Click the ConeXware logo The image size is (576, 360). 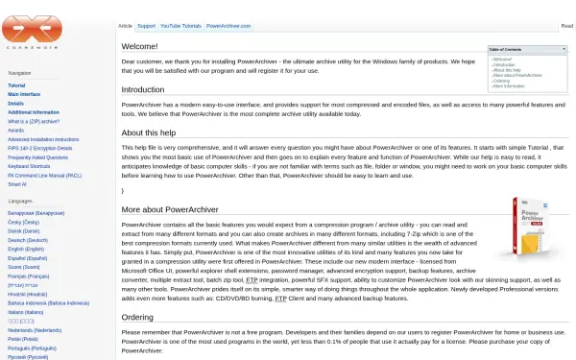(32, 30)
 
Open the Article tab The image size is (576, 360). (125, 27)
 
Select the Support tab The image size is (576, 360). (146, 27)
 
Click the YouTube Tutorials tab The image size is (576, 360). (180, 27)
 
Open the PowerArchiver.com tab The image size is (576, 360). (228, 27)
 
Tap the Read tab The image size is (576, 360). (567, 27)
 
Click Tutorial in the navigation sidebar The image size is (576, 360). (16, 86)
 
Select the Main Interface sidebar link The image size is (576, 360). (24, 95)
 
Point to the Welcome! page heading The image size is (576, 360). (139, 46)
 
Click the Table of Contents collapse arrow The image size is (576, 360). (564, 49)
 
